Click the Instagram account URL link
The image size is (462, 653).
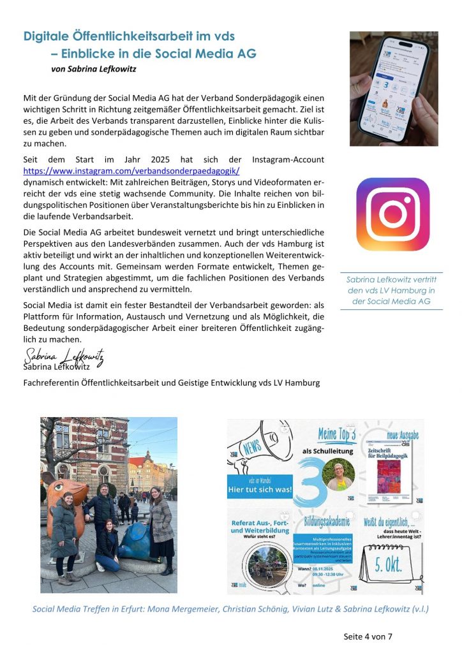[131, 171]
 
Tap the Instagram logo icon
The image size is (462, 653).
[392, 214]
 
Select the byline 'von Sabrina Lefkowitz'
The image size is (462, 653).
[94, 68]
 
